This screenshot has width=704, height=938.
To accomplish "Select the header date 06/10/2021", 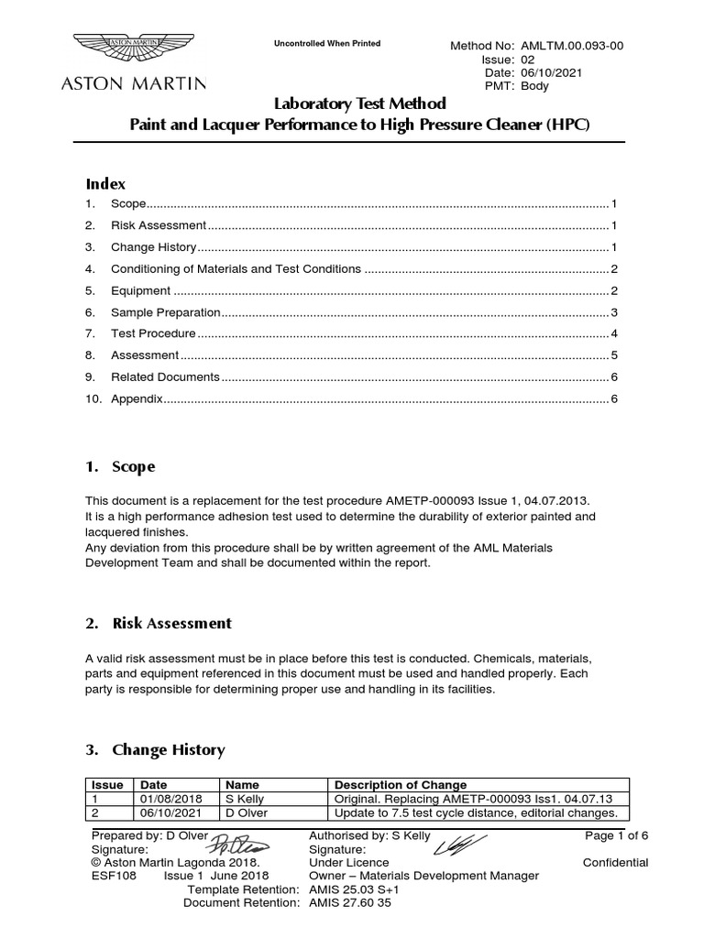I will (554, 72).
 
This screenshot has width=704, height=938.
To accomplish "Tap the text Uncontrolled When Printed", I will (327, 43).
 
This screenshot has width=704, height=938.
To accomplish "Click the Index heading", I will (105, 183).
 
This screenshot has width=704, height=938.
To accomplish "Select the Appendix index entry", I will (137, 398).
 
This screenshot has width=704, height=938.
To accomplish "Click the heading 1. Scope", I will (120, 466).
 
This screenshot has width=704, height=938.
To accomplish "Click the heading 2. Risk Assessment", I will (159, 623).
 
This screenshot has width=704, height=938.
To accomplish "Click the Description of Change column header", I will (401, 785).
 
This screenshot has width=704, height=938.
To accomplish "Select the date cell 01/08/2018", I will (165, 799).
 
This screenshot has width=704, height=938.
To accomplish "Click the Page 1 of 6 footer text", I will (616, 835).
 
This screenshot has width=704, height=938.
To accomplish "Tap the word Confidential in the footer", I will (615, 863).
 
